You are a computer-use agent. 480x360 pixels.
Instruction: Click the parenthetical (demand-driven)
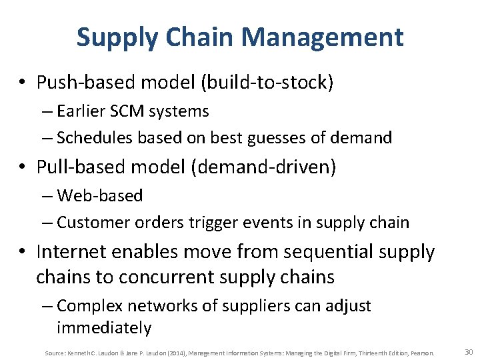coord(264,167)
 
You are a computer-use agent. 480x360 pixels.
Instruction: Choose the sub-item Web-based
coord(100,195)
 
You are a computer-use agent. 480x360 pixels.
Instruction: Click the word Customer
coord(91,222)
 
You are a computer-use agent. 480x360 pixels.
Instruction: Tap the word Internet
coord(71,252)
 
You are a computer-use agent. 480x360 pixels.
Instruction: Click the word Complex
coord(88,306)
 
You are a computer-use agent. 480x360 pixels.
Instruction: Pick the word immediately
coord(104,327)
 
